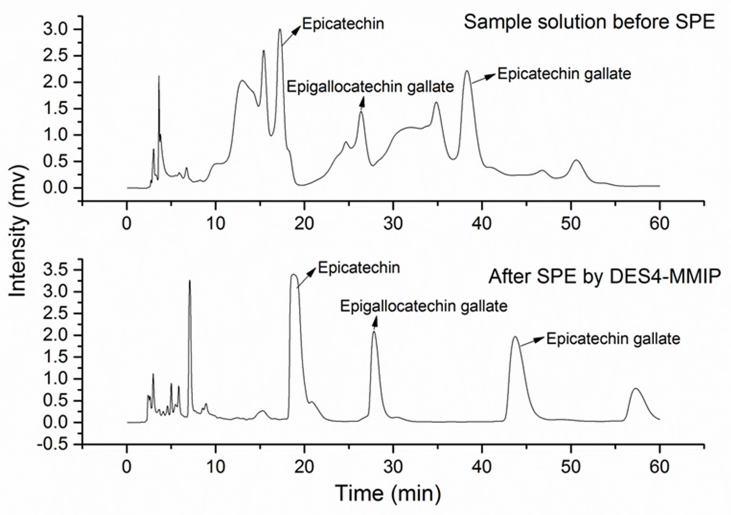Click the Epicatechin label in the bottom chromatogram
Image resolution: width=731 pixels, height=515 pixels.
click(359, 268)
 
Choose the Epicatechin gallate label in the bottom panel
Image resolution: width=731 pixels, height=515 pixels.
click(613, 339)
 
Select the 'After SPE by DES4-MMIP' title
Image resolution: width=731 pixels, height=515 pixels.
click(604, 277)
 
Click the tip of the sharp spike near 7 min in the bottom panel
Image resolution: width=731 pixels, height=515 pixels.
click(190, 281)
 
